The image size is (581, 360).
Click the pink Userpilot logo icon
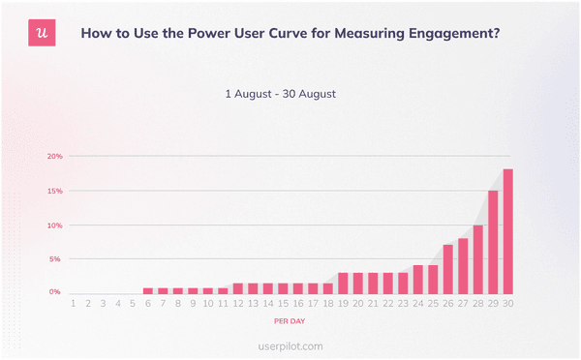40,32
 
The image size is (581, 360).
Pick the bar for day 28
477,259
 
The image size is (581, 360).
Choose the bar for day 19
343,283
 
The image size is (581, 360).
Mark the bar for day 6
148,290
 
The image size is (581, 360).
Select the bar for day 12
238,288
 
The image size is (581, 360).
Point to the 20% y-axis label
55,156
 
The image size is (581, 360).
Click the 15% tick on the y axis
55,191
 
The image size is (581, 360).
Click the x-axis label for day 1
74,304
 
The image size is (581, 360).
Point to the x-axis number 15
283,304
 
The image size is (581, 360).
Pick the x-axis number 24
417,304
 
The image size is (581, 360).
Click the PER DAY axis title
290,319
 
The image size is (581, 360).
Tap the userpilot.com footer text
290,345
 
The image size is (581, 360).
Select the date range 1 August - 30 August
280,94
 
